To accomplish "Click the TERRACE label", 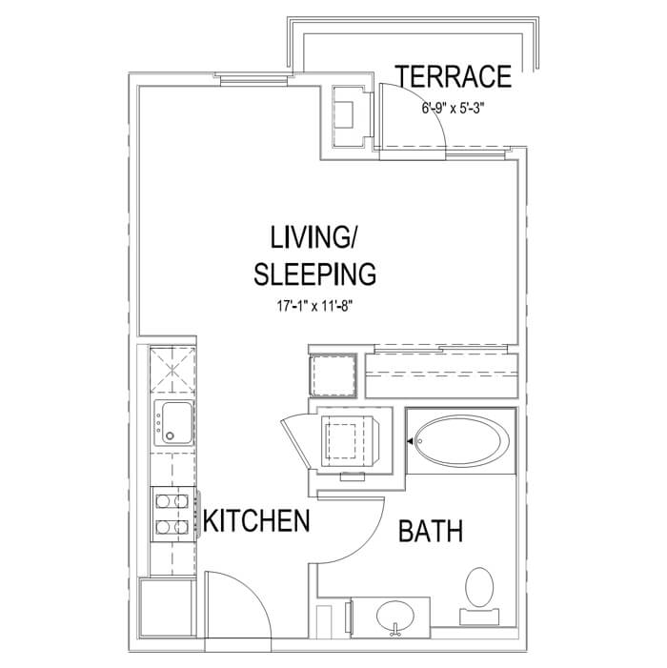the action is click(454, 76).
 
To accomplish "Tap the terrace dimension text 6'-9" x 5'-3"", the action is click(454, 109).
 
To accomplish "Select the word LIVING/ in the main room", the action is click(313, 237).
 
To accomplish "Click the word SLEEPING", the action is click(314, 273).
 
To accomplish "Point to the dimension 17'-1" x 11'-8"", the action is click(315, 306).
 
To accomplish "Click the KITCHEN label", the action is click(256, 520).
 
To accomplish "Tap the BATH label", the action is click(431, 531).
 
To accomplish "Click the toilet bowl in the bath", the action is click(479, 587).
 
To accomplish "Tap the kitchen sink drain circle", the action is click(170, 435).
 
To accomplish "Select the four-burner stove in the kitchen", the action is click(173, 515).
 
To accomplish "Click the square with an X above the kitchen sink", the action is click(172, 370).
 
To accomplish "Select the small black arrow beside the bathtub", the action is click(410, 442).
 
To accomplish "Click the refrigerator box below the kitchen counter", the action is click(167, 608).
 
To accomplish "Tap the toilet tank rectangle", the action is click(479, 617).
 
